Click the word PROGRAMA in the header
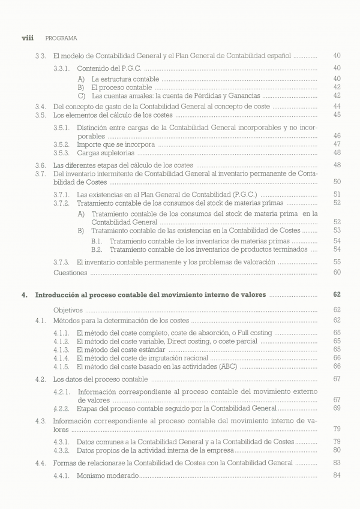(61, 38)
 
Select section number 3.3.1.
(62, 68)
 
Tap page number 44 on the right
(337, 106)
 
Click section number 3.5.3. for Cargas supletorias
(62, 153)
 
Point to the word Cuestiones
(70, 272)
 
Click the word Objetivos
(67, 310)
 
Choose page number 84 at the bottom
(337, 475)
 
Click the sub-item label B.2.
(97, 249)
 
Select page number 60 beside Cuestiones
(337, 272)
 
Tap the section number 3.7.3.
(62, 262)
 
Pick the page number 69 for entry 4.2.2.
(337, 408)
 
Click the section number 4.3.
(41, 421)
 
